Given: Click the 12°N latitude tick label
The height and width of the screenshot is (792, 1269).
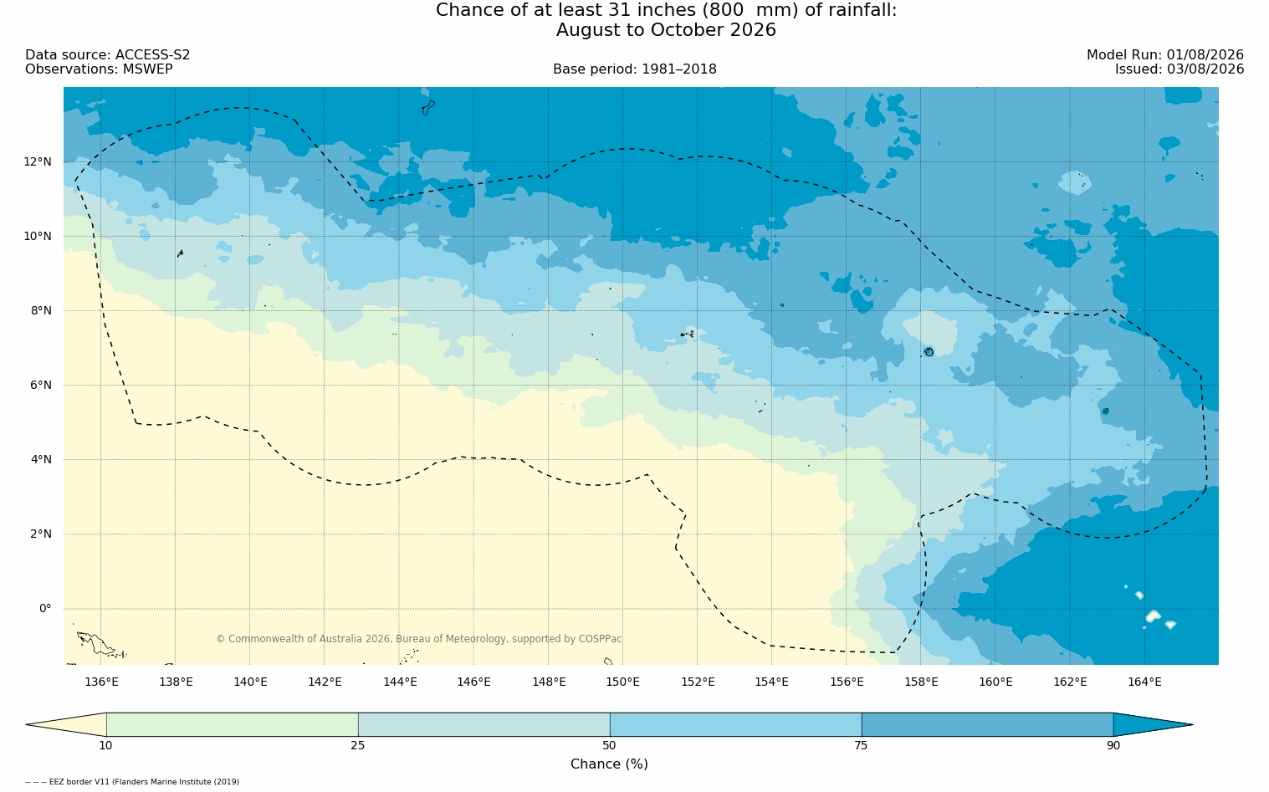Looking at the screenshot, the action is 38,162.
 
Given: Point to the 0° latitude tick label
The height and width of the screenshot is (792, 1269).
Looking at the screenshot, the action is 45,609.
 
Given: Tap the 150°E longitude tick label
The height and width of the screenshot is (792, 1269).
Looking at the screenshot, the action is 622,682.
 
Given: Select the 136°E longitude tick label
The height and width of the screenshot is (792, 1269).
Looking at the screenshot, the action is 101,682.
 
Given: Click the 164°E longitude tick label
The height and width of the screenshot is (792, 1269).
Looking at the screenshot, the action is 1144,682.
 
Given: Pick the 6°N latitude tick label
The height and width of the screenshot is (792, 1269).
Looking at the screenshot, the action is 40,386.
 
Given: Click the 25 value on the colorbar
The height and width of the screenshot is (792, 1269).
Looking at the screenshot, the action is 357,745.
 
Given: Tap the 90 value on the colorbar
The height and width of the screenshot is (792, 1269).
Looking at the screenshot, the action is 1113,745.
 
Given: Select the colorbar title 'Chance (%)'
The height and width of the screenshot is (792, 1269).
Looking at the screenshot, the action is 609,764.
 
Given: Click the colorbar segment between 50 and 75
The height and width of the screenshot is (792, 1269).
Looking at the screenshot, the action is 735,724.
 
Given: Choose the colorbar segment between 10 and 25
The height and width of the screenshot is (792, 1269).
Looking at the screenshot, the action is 233,724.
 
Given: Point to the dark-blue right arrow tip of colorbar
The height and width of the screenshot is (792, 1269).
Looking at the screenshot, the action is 1193,724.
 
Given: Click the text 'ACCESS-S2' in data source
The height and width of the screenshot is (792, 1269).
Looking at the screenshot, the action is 152,55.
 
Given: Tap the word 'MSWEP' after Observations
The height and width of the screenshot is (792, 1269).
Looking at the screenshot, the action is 147,69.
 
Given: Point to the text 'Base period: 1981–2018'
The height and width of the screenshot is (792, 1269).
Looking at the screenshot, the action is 634,69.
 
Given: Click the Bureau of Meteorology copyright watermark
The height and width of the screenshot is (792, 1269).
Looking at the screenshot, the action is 418,639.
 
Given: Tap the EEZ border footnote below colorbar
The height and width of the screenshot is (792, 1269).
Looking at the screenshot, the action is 132,782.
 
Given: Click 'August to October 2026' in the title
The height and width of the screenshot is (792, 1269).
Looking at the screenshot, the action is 666,30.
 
